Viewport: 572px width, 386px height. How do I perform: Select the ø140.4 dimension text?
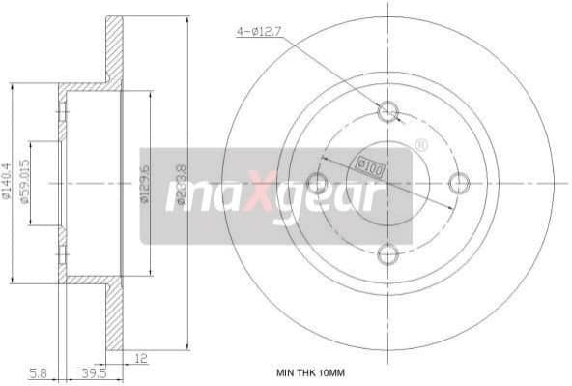pyautogui.click(x=9, y=181)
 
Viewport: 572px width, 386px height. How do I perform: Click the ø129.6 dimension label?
pyautogui.click(x=143, y=181)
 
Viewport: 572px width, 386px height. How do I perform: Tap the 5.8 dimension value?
pyautogui.click(x=38, y=371)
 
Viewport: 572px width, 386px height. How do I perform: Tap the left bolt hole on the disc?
pyautogui.click(x=316, y=181)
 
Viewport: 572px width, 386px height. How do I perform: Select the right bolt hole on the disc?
pyautogui.click(x=460, y=181)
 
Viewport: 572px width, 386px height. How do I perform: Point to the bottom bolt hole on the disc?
pyautogui.click(x=388, y=253)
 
